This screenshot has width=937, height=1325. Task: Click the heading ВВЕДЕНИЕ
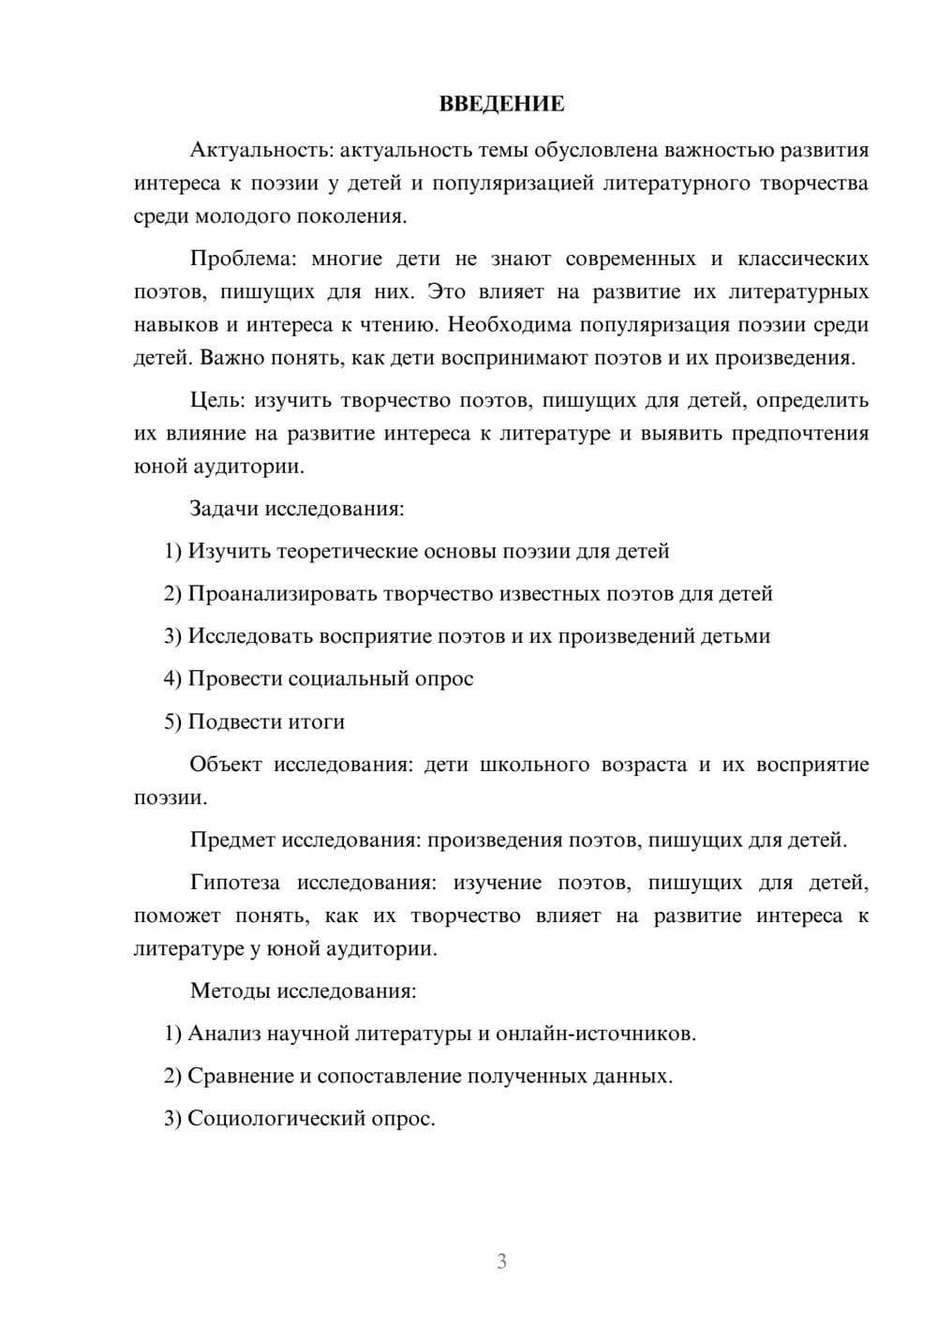(x=501, y=104)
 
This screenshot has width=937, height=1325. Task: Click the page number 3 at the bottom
(x=501, y=1261)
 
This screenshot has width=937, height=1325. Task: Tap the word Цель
(x=216, y=400)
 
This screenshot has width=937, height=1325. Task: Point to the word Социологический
(x=285, y=1118)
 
